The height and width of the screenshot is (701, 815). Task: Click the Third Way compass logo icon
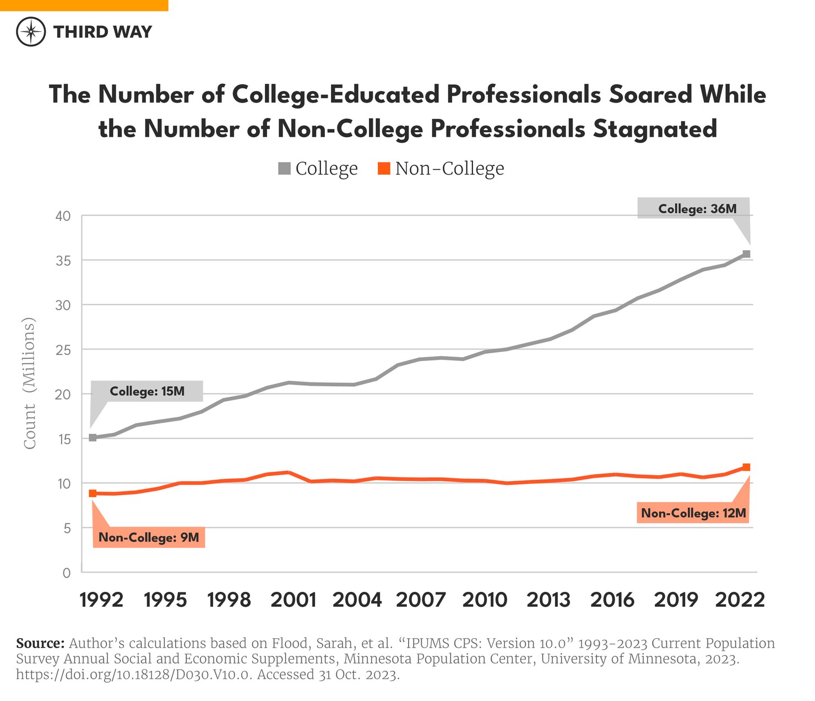pos(31,31)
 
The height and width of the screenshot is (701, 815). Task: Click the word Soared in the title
pos(650,95)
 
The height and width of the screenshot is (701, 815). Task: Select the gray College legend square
pos(284,168)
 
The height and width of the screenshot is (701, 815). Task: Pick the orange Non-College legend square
pos(384,168)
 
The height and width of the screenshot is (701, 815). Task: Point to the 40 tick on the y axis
pos(63,216)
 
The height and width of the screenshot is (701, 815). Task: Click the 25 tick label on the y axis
pos(63,349)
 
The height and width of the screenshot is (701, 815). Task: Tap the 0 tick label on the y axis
pos(67,573)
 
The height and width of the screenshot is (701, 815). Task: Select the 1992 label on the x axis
pos(101,600)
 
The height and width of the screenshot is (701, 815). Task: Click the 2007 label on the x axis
pos(421,600)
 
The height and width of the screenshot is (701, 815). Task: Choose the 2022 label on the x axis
pos(740,600)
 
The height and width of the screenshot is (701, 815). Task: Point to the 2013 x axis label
pos(548,600)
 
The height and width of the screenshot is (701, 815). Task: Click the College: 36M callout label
pos(697,209)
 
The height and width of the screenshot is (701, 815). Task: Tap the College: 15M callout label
pos(147,392)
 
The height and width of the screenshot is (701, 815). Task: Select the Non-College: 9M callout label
pos(149,537)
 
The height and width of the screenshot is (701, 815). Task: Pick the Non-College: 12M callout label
pos(694,514)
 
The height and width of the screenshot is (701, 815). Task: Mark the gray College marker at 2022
pos(746,254)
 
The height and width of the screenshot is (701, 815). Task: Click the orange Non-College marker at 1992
pos(93,493)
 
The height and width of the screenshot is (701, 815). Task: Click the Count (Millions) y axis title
pos(30,384)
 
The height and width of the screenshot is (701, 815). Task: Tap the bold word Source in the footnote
pos(40,643)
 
